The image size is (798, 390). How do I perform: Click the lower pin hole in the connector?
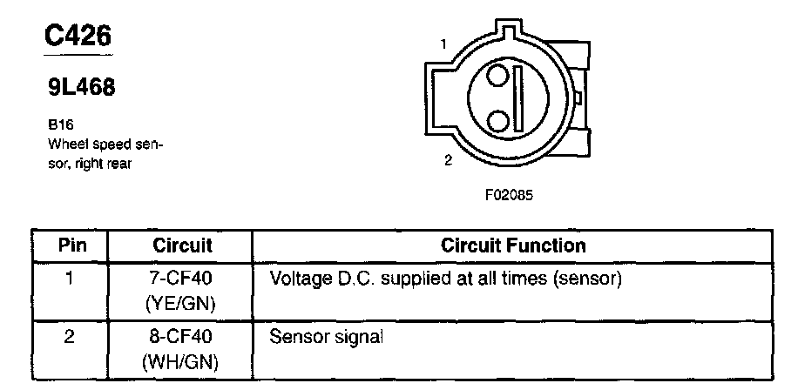497,118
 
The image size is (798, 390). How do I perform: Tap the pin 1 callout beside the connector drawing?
443,44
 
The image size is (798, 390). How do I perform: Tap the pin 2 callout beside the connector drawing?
447,160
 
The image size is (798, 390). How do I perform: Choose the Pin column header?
70,245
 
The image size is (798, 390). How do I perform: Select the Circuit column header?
182,245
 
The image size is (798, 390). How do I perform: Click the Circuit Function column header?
513,245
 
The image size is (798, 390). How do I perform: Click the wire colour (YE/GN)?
182,303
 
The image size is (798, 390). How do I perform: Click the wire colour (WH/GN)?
182,359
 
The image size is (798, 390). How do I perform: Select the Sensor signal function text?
327,336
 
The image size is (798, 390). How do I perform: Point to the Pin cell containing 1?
70,280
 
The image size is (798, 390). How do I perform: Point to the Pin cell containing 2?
70,336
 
